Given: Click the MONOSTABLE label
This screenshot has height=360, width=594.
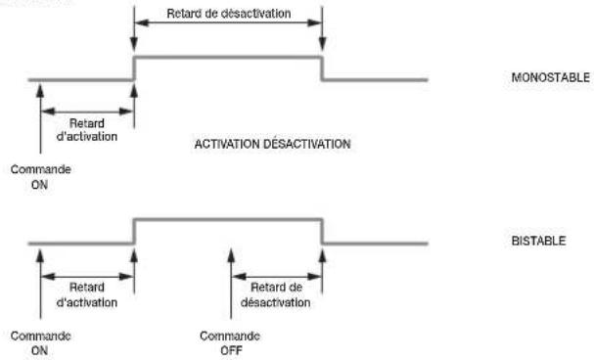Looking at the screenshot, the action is click(550, 77).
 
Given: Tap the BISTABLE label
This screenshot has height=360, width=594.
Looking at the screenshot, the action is click(538, 241).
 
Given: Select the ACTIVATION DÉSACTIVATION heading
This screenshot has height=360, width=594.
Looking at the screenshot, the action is click(272, 144).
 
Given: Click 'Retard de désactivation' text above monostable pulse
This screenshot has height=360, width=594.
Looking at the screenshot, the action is click(229, 14).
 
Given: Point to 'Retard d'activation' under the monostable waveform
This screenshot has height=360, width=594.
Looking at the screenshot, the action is click(87, 130).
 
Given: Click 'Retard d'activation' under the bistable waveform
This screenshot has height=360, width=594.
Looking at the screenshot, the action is click(87, 294).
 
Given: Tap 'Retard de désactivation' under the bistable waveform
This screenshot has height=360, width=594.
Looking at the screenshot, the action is click(276, 294).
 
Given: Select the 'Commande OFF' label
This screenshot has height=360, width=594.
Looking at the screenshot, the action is click(230, 343).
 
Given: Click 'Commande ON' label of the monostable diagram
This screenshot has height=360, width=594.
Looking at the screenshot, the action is click(40, 177).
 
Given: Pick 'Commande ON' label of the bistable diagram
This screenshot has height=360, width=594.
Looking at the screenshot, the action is click(40, 343).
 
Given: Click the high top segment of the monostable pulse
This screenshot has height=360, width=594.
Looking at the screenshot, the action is click(228, 58).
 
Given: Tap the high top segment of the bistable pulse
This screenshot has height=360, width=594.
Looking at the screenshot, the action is click(228, 219).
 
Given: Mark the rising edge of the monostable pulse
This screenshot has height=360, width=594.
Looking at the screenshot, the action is click(134, 68).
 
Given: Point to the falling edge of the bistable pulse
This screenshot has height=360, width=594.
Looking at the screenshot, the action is click(322, 231).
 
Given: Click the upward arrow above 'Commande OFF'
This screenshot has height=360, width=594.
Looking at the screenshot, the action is click(231, 284).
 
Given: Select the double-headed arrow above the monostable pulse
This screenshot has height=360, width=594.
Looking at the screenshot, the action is click(228, 23).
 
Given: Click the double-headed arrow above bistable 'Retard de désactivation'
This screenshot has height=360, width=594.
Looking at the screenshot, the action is click(277, 276).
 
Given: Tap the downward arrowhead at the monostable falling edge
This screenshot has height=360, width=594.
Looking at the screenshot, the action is click(322, 45).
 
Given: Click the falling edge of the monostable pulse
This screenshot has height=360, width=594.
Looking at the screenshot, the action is click(322, 68).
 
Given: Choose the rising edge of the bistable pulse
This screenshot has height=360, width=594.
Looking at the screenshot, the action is click(134, 231).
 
